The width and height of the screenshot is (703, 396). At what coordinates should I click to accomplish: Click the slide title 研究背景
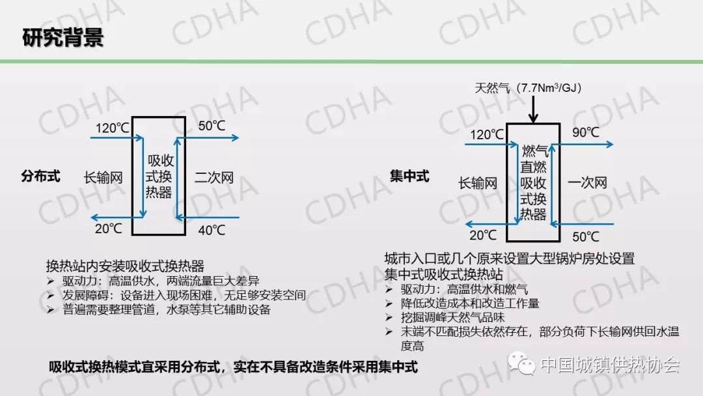63,37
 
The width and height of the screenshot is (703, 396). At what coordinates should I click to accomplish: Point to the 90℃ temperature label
585,132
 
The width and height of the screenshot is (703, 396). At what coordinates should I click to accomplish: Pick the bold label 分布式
40,177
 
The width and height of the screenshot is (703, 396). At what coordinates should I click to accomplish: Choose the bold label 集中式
409,177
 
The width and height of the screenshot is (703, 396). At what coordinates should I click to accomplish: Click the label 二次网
214,177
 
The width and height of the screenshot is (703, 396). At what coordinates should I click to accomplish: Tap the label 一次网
586,183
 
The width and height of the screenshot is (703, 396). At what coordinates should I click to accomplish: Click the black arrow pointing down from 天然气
533,109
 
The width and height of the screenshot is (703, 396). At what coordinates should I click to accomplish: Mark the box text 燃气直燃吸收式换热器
534,183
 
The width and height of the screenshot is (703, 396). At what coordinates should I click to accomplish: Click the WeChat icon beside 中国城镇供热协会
523,364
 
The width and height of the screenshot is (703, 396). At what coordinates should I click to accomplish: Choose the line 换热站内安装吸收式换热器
125,266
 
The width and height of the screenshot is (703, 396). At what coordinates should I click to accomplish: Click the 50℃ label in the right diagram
585,236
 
